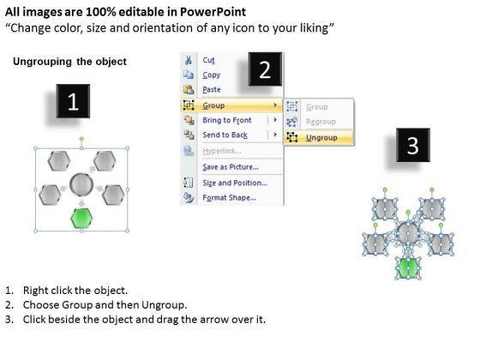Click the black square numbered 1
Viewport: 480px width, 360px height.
(73, 101)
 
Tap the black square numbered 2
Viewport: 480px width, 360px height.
(265, 69)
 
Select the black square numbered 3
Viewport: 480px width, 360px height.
(413, 145)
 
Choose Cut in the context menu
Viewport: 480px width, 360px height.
(209, 60)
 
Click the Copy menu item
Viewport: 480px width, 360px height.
(211, 75)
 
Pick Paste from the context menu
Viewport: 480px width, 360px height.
(212, 89)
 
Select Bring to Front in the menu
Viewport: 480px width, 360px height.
(227, 120)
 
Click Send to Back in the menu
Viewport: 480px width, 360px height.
(225, 135)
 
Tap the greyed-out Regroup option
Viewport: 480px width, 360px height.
(321, 122)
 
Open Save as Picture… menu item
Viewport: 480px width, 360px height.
(231, 167)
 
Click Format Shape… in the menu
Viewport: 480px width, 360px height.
(230, 198)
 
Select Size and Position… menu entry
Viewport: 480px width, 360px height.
(235, 183)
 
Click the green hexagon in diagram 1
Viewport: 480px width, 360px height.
(81, 218)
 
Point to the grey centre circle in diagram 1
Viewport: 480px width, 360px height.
(81, 184)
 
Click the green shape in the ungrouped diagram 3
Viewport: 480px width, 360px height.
(408, 267)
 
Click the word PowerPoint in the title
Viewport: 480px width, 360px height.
(213, 12)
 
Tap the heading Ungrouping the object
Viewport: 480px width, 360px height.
(69, 62)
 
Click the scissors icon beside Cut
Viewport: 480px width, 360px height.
(189, 60)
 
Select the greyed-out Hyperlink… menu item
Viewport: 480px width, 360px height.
(222, 151)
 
